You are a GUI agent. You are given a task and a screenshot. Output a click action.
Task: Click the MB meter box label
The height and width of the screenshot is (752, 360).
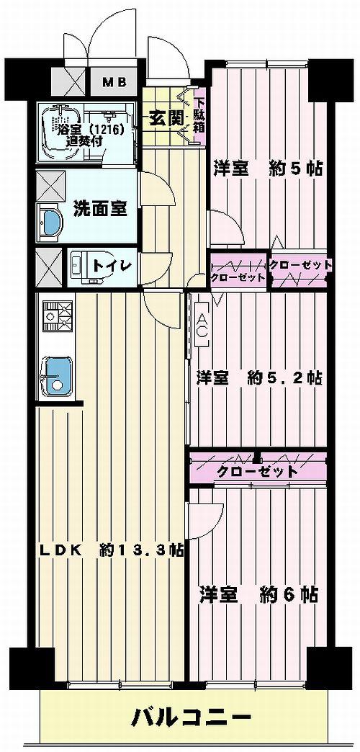point(113,81)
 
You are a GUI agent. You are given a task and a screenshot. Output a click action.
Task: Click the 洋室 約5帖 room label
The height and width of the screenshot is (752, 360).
point(267,169)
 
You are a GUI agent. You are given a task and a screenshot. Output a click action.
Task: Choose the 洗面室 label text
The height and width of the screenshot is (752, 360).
point(100,208)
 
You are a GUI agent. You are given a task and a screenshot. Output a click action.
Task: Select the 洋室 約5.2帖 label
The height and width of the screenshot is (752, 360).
point(260,377)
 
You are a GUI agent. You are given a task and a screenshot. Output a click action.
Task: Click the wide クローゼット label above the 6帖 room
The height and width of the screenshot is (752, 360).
point(256,472)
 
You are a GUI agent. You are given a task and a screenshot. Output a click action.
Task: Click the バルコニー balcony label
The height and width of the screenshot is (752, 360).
point(191,717)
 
